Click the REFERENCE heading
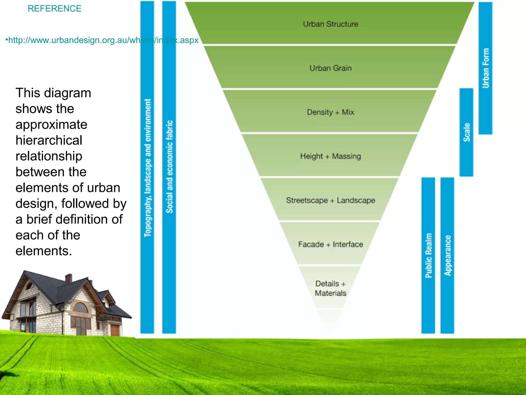[x=54, y=8]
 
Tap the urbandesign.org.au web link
[x=103, y=40]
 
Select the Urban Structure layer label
[x=331, y=24]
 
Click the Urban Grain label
[x=331, y=68]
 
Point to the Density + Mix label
[x=331, y=112]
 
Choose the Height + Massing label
[x=331, y=156]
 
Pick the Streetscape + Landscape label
[x=331, y=200]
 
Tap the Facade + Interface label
[x=331, y=244]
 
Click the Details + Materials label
[x=331, y=288]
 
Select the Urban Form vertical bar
[x=485, y=68]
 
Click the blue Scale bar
[x=466, y=132]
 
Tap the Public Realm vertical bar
[x=428, y=255]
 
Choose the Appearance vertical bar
[x=447, y=255]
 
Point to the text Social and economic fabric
[x=169, y=167]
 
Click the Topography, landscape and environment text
[x=147, y=168]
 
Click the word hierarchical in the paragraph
[x=49, y=140]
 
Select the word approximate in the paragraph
[x=51, y=125]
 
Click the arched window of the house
[x=81, y=308]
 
